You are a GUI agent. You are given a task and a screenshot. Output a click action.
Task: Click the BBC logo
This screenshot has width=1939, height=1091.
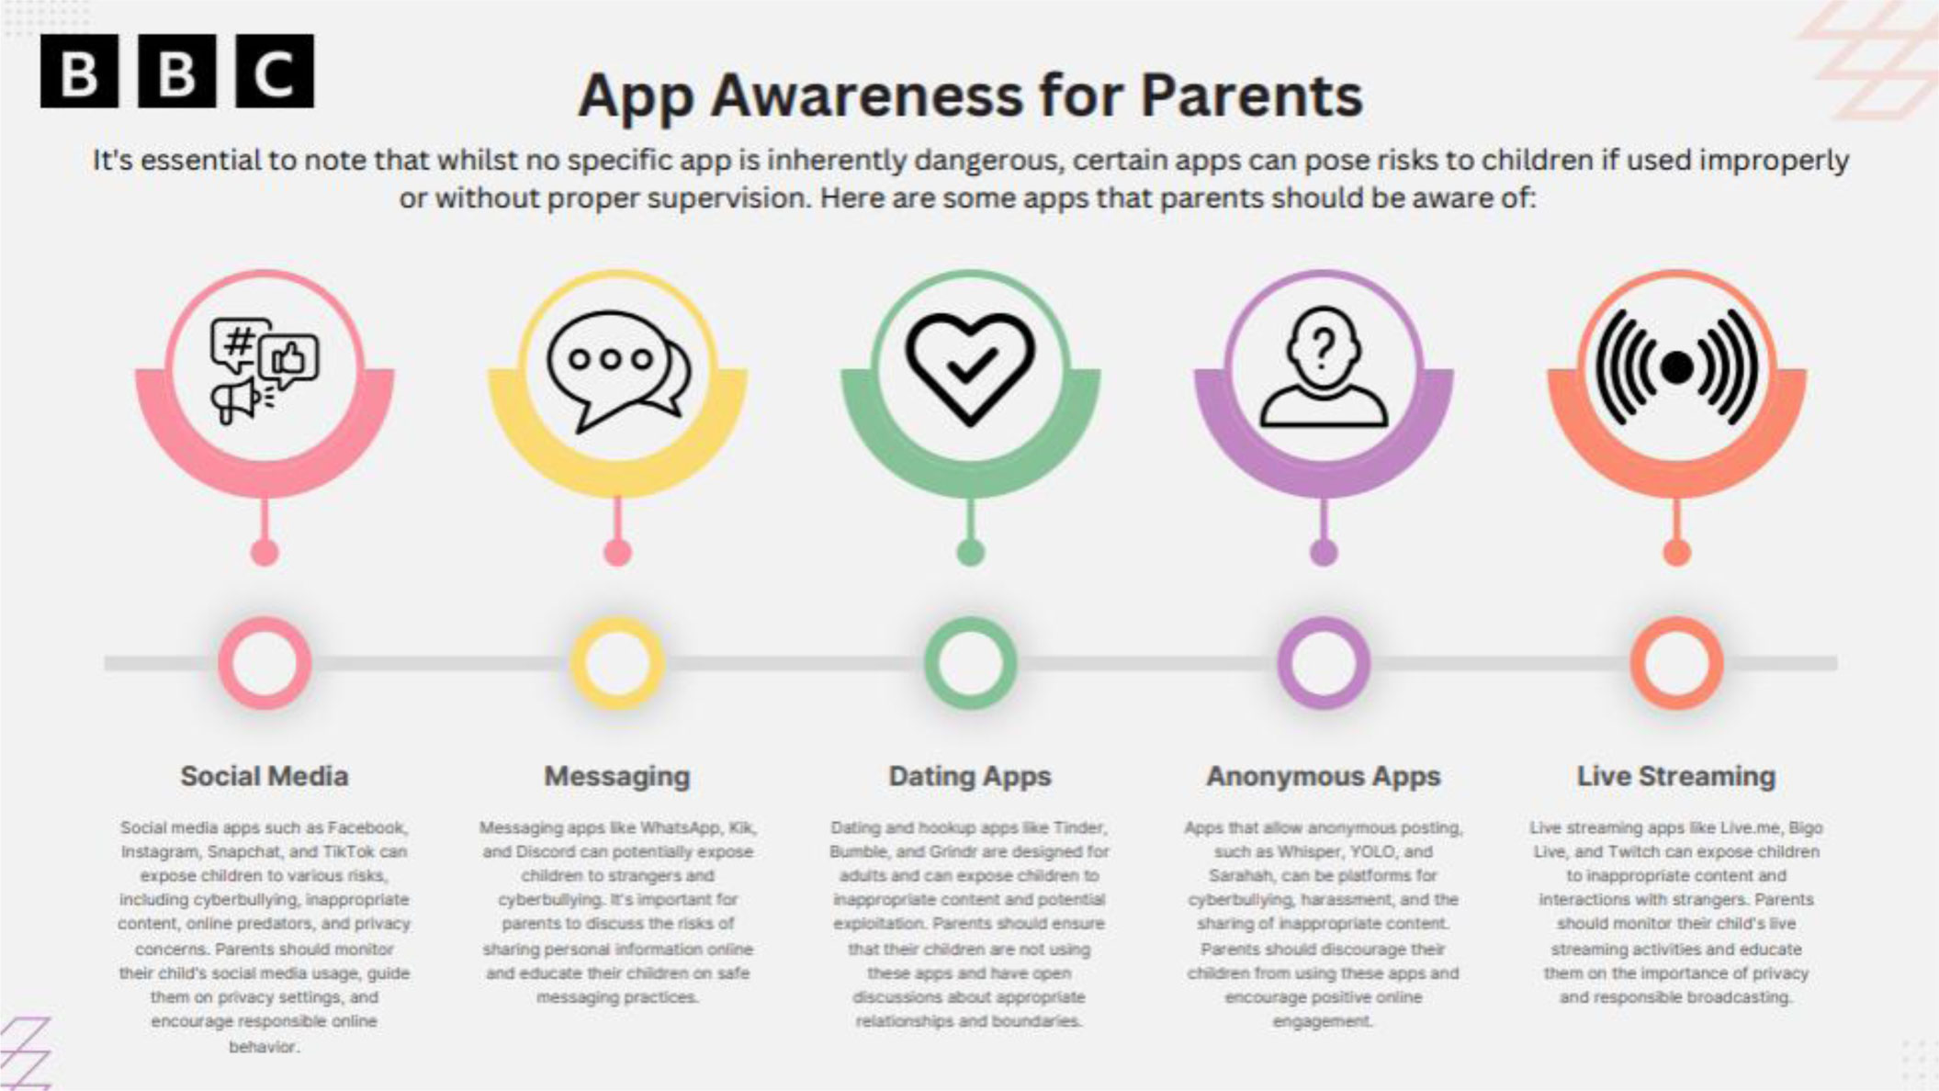coord(177,71)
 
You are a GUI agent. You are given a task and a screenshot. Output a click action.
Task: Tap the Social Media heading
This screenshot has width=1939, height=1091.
coord(265,776)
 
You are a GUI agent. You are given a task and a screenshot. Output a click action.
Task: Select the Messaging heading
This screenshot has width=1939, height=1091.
coord(617,777)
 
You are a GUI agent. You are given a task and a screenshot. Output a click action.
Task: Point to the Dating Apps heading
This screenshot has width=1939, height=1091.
coord(970,777)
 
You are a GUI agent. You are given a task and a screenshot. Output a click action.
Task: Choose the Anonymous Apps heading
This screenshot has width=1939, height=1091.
coord(1324,777)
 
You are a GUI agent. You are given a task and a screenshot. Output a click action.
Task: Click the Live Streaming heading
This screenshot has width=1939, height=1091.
coord(1676,777)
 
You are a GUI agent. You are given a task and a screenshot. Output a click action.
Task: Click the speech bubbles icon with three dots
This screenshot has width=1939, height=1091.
coord(618,370)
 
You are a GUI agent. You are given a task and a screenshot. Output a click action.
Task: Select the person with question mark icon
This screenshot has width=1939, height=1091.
coord(1324,367)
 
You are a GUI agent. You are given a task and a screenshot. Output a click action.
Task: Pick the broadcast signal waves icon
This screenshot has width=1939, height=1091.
coord(1677,367)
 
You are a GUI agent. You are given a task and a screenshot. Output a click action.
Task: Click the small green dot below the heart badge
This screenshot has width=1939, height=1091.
coord(970,552)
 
